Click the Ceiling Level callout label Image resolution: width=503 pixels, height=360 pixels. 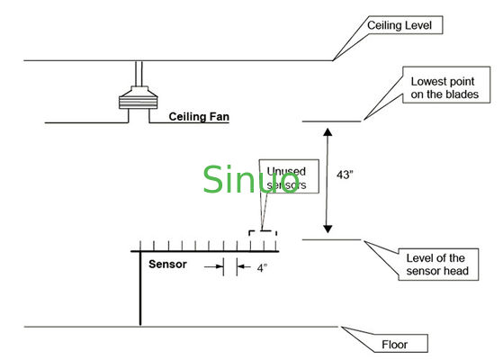pyautogui.click(x=402, y=26)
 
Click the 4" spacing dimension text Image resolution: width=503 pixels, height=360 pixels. pyautogui.click(x=260, y=267)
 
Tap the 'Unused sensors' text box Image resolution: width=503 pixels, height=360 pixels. pyautogui.click(x=289, y=176)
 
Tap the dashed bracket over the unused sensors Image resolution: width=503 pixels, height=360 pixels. pyautogui.click(x=262, y=232)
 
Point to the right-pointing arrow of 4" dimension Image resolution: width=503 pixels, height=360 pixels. pyautogui.click(x=216, y=267)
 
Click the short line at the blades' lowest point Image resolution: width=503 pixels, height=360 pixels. pyautogui.click(x=331, y=121)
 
